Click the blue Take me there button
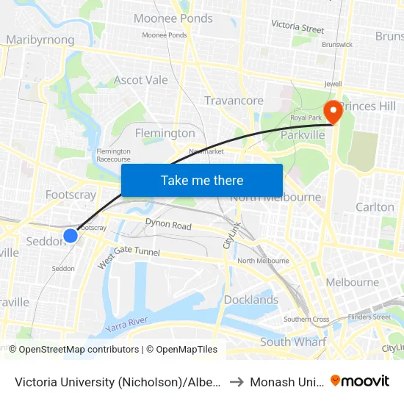(x=202, y=180)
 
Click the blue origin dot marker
(x=71, y=236)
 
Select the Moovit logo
(x=360, y=380)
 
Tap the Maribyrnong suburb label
(x=40, y=40)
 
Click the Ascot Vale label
(x=140, y=79)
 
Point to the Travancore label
(x=234, y=101)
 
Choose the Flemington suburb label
(x=165, y=133)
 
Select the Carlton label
(x=375, y=207)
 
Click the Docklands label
(x=251, y=300)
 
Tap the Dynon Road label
(x=168, y=224)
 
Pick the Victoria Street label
(x=297, y=27)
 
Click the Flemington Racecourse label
(x=113, y=155)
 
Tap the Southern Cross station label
(x=306, y=319)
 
